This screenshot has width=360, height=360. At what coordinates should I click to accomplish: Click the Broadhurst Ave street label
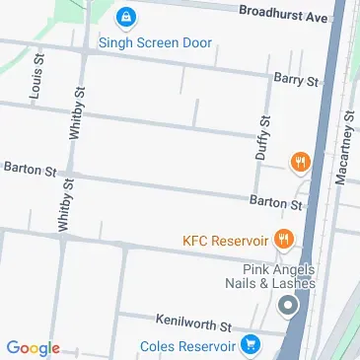(284, 16)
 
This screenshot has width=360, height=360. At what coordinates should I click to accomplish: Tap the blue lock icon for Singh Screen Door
(125, 18)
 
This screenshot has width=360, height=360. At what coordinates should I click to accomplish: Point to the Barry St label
(297, 79)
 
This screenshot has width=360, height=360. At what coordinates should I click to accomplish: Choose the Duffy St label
(262, 137)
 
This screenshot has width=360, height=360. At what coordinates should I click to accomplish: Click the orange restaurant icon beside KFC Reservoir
(284, 238)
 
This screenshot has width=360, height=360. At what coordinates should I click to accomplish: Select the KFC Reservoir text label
(226, 240)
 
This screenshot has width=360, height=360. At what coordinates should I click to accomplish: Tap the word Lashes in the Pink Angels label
(294, 284)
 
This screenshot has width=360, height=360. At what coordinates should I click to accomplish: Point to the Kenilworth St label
(193, 323)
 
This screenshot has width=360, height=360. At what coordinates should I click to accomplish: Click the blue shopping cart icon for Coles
(251, 345)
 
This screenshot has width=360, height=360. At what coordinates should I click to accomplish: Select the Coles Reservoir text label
(187, 346)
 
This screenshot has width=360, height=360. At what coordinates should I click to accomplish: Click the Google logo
(33, 347)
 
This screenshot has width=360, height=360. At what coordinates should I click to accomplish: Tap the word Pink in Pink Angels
(258, 269)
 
